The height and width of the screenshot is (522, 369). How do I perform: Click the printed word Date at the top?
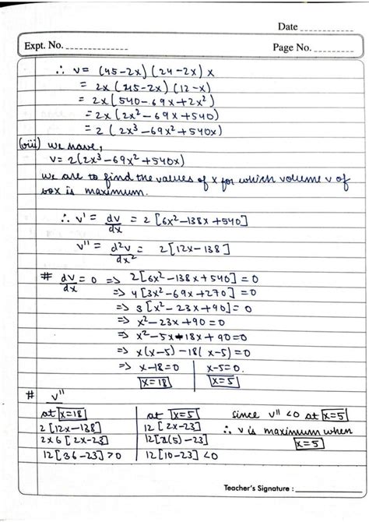[x=287, y=27]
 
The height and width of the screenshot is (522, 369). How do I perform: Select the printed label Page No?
[x=292, y=48]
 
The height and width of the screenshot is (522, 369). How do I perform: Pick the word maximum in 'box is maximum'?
[x=99, y=190]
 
